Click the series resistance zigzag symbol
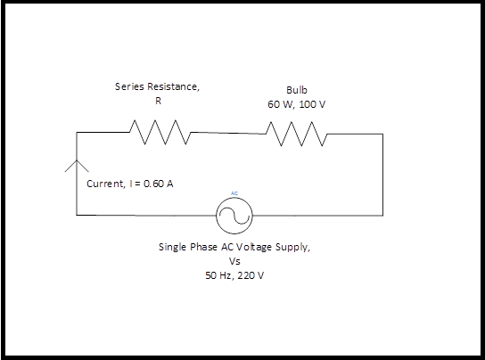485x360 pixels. pos(160,133)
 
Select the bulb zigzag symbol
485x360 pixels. pos(296,134)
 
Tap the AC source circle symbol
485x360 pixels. pos(234,216)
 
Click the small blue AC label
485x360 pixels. pos(234,193)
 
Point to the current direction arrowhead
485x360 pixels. pos(77,166)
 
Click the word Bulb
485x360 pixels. pos(297,90)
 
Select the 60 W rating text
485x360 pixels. pos(281,104)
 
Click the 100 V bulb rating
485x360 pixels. pos(312,104)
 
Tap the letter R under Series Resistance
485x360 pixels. pos(158,101)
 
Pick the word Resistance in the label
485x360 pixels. pos(173,86)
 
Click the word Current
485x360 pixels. pos(105,184)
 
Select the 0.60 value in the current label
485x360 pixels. pos(153,184)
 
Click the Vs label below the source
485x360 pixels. pos(234,261)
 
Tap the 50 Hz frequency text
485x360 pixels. pos(219,275)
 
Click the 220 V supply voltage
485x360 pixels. pos(251,275)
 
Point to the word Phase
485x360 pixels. pos(203,247)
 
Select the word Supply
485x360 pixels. pos(292,248)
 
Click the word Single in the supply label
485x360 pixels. pos(173,248)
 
